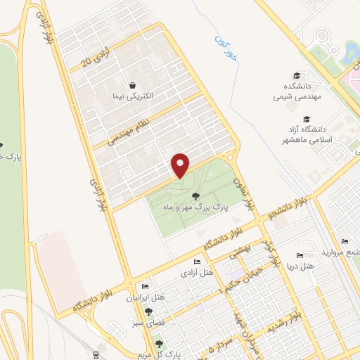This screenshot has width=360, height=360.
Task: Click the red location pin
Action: [181, 165]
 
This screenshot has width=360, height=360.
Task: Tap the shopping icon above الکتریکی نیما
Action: [132, 84]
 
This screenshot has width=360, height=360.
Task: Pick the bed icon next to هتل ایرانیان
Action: [146, 287]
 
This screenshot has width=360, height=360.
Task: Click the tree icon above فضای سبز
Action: [146, 310]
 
